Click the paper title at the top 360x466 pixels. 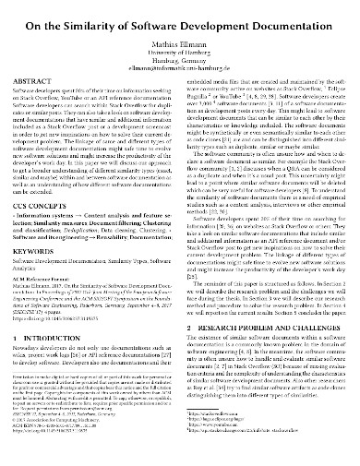(181, 13)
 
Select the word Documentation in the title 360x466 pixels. (294, 13)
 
